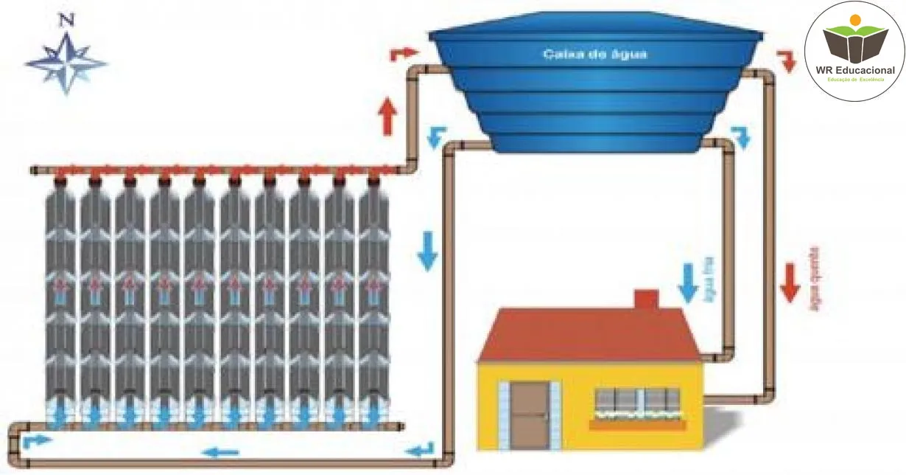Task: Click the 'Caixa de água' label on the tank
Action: (595, 54)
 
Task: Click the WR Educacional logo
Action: (854, 49)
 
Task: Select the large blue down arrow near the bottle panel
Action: (427, 250)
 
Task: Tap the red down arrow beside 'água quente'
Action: (790, 282)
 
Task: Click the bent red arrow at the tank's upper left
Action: (403, 53)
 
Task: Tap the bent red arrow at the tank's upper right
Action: (787, 60)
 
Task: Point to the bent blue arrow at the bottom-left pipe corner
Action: (37, 441)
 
